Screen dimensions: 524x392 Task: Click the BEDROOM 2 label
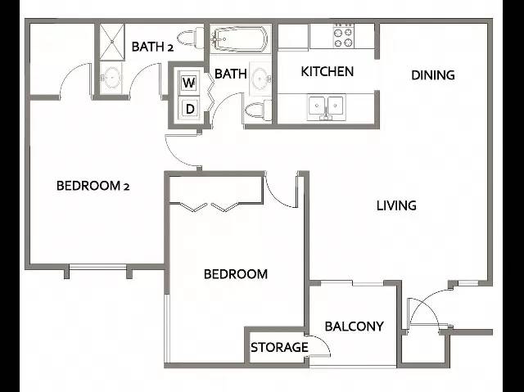click(93, 186)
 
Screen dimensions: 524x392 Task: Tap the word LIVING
click(396, 205)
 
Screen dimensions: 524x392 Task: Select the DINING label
click(433, 75)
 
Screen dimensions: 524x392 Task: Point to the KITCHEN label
click(327, 71)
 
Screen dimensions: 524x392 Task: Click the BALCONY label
click(354, 327)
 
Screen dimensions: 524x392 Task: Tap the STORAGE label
click(279, 347)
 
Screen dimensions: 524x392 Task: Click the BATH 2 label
click(152, 47)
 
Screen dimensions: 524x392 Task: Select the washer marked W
click(189, 82)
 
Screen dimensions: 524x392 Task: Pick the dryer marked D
click(189, 108)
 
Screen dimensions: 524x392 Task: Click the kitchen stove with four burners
click(344, 36)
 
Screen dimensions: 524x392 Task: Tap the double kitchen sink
click(326, 106)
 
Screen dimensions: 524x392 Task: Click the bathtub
click(240, 38)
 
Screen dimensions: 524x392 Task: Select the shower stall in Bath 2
click(112, 42)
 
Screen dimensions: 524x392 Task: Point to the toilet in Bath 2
click(190, 37)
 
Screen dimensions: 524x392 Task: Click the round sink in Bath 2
click(111, 78)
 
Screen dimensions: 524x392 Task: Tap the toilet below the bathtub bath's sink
click(259, 110)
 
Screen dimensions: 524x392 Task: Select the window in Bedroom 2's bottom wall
click(97, 267)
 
